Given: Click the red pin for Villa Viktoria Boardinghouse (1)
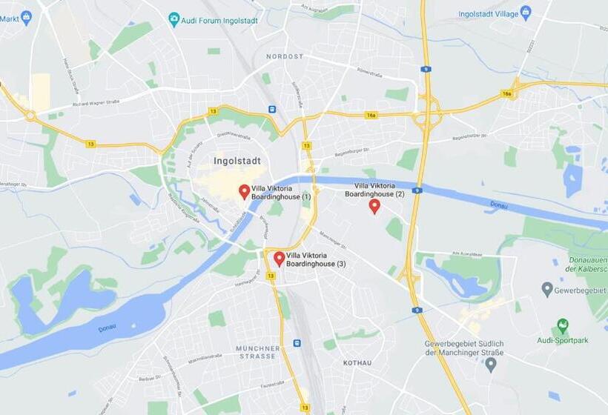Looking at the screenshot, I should [244, 192].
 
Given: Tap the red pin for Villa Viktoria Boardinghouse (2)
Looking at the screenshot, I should [374, 206].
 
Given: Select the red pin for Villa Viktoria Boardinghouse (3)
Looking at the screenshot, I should [279, 258].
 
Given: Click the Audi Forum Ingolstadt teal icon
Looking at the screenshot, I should [174, 19].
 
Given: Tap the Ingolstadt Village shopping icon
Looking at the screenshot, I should [526, 13].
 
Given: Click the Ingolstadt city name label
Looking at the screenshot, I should [237, 160].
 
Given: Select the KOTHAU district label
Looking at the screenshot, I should [357, 363].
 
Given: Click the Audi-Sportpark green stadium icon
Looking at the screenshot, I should [563, 326].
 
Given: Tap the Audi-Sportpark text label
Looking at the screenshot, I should [562, 341].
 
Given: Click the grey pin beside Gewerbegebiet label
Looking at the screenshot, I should [547, 289].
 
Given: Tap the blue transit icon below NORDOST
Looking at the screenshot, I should [272, 109].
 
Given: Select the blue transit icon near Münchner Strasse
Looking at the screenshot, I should [297, 343].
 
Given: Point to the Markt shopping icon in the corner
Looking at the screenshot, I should [27, 16].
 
